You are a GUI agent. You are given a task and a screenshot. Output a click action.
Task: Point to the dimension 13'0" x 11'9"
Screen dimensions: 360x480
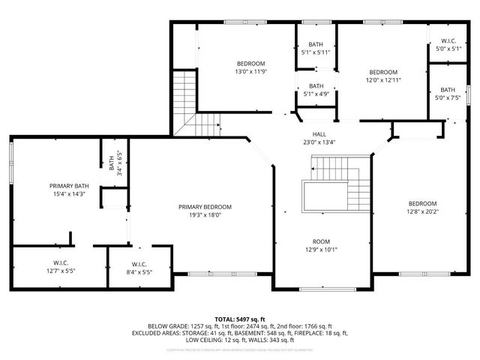[x=250, y=72]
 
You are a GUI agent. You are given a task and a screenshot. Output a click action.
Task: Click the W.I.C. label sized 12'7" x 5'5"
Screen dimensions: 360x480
[x=61, y=262]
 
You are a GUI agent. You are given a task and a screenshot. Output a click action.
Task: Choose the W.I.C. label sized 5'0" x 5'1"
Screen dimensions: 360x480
[x=448, y=41]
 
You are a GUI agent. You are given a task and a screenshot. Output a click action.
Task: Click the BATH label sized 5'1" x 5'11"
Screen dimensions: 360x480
[x=316, y=45]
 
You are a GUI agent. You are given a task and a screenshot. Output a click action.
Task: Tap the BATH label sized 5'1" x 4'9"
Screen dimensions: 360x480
[x=316, y=85]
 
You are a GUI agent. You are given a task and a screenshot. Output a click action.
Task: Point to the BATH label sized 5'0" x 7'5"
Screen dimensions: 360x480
[x=448, y=90]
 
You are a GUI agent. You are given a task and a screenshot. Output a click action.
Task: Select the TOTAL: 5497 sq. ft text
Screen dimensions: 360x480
[x=240, y=319]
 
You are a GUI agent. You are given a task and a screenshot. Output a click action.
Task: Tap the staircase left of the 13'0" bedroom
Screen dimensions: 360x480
[x=184, y=94]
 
